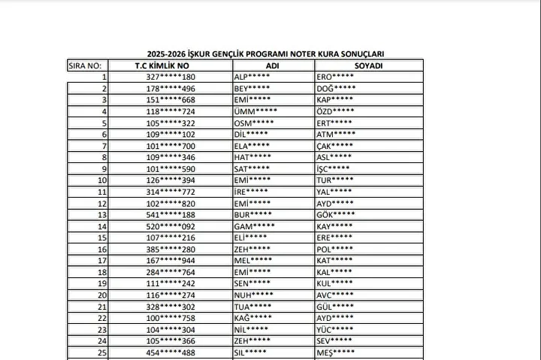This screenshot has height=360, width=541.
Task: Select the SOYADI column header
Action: pyautogui.click(x=369, y=65)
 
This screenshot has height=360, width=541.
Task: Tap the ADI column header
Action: pyautogui.click(x=274, y=65)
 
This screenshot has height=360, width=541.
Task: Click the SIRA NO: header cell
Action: pyautogui.click(x=85, y=65)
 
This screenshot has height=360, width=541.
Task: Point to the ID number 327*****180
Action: pyautogui.click(x=171, y=77)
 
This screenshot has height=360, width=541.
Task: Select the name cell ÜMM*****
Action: pyautogui.click(x=255, y=111)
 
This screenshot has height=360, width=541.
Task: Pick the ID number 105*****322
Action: pyautogui.click(x=171, y=123)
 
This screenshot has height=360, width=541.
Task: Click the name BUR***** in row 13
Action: pyautogui.click(x=254, y=214)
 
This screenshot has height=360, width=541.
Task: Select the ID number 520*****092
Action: pyautogui.click(x=171, y=225)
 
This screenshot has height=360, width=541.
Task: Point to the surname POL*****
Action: pyautogui.click(x=335, y=249)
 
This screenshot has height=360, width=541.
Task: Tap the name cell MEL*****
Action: pyautogui.click(x=254, y=260)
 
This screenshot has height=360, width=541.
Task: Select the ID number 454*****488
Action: pyautogui.click(x=171, y=352)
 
